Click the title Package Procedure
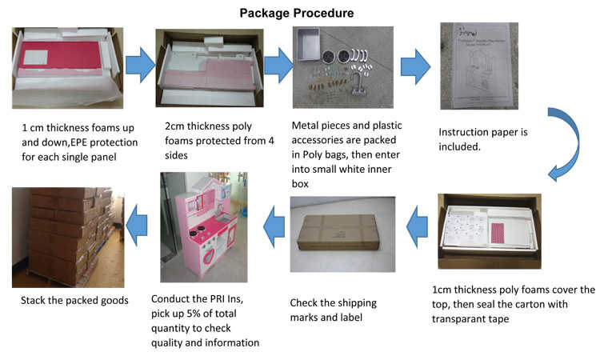pyautogui.click(x=297, y=13)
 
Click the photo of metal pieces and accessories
pyautogui.click(x=342, y=67)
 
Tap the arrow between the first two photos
pyautogui.click(x=139, y=65)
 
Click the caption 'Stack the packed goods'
pyautogui.click(x=73, y=301)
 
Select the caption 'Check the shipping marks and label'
pyautogui.click(x=333, y=309)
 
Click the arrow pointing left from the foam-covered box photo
pyautogui.click(x=418, y=226)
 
